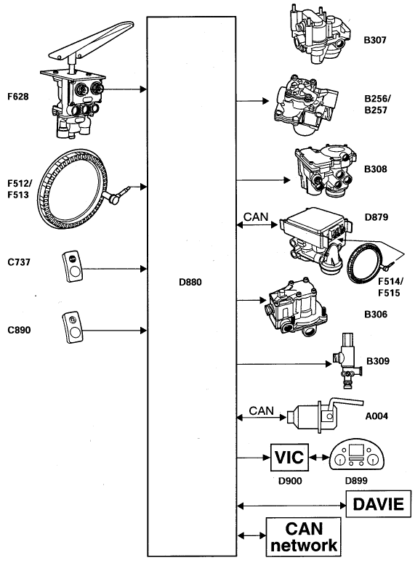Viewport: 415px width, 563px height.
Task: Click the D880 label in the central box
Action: click(x=190, y=282)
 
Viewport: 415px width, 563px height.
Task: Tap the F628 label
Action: click(x=17, y=97)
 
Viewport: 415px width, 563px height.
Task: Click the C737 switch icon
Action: click(x=72, y=266)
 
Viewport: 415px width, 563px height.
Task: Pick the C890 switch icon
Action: click(x=72, y=327)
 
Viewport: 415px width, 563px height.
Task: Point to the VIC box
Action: click(x=289, y=458)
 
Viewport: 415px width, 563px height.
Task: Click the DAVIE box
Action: click(x=379, y=503)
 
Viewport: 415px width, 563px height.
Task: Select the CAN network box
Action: click(x=304, y=536)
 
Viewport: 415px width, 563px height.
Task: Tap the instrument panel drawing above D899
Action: click(x=357, y=454)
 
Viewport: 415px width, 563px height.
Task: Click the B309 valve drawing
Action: click(x=346, y=361)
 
